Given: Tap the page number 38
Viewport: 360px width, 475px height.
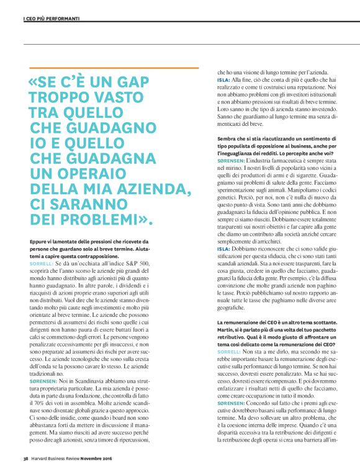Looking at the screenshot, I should (x=25, y=459).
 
